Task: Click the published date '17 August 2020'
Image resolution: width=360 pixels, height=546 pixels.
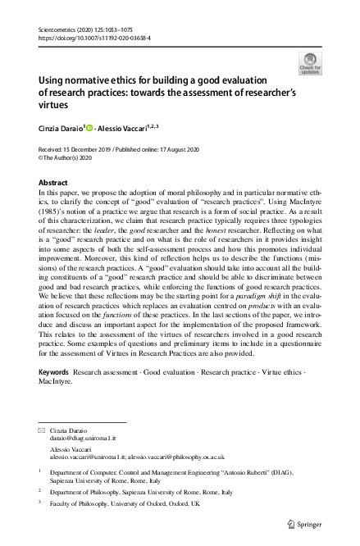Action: point(185,148)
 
